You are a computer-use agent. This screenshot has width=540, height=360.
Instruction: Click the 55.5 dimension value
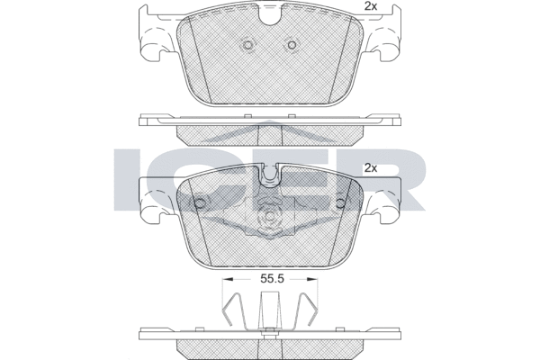[272, 279]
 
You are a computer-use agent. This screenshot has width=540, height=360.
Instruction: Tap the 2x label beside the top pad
[371, 6]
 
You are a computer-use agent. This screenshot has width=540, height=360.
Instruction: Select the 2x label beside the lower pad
[371, 168]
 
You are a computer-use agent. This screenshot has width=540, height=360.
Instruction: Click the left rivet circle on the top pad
[247, 45]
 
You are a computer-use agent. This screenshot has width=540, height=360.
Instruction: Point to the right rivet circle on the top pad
[292, 45]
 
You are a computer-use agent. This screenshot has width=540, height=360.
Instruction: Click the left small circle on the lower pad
[200, 203]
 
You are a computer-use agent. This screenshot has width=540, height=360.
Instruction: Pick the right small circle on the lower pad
[340, 203]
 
